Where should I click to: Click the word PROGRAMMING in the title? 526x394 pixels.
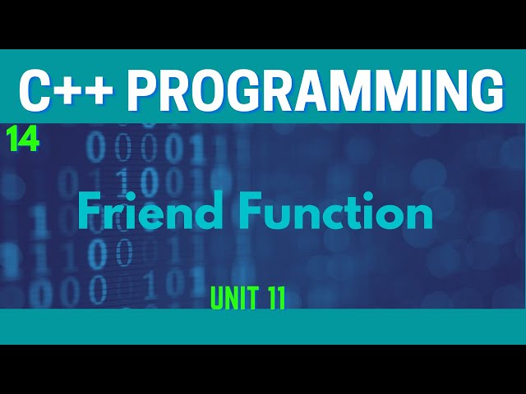[314, 90]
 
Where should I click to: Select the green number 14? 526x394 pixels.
[23, 140]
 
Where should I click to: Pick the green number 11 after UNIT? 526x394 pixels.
[275, 300]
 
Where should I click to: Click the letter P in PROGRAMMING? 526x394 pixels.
[144, 90]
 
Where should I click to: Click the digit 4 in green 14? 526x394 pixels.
[30, 140]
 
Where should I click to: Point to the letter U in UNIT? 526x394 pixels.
[217, 300]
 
